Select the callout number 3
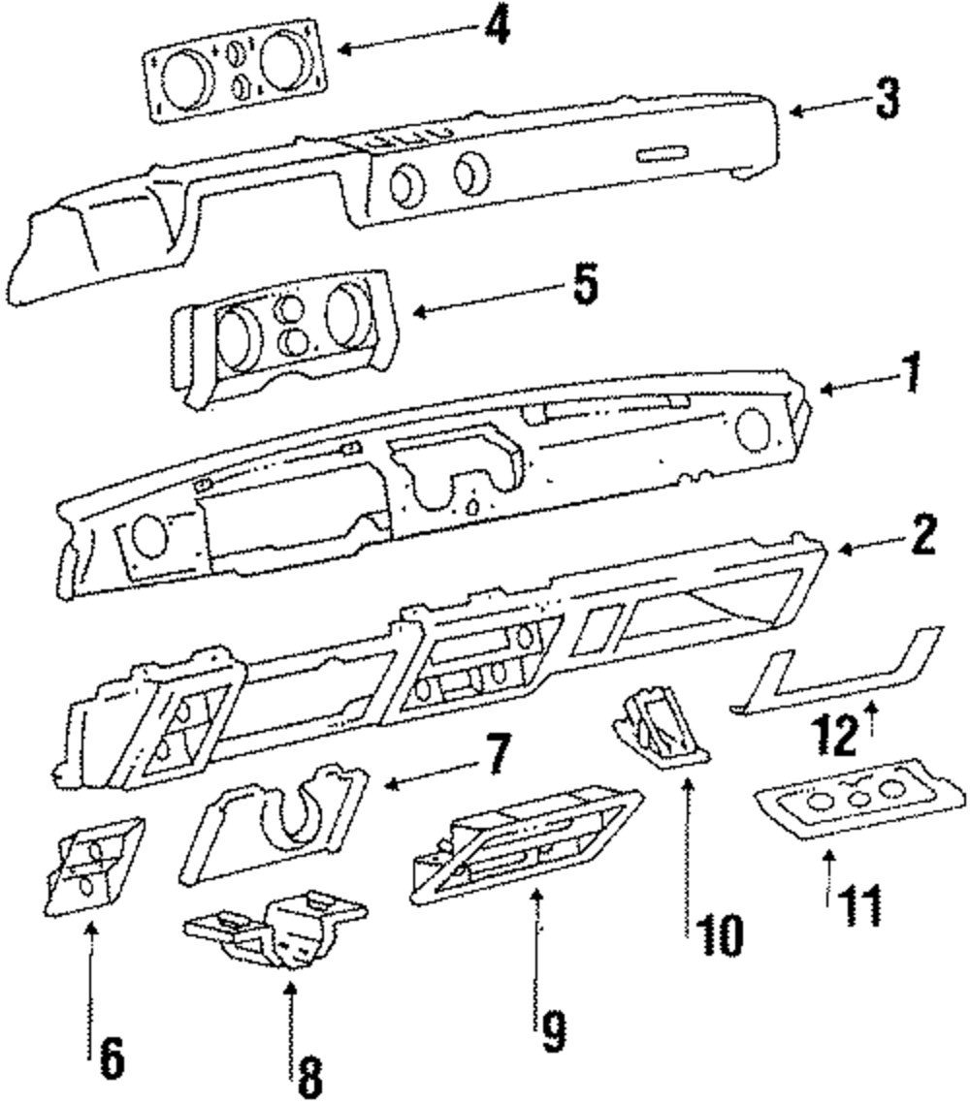click(x=885, y=99)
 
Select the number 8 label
click(x=308, y=1073)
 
